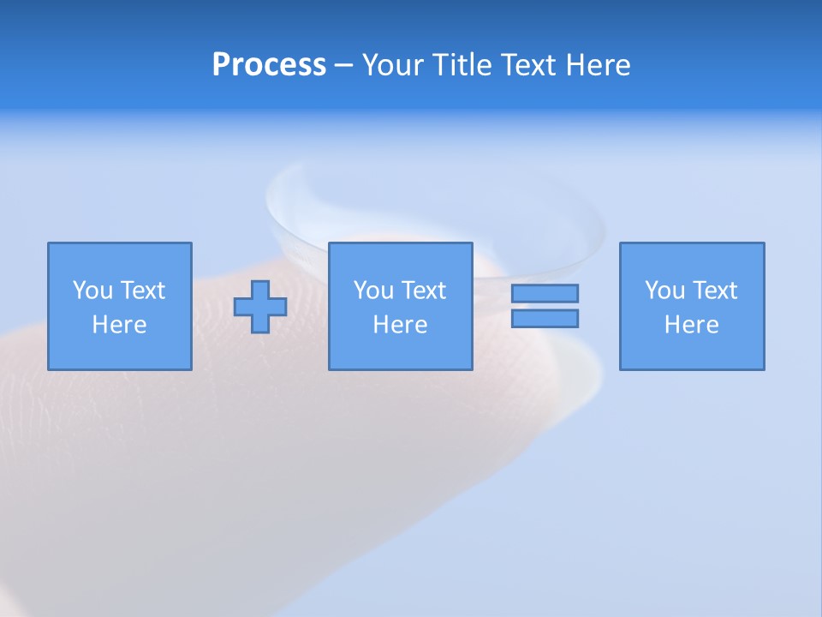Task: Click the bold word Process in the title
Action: (x=269, y=65)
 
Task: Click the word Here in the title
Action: (x=597, y=65)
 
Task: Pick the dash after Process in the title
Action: (x=343, y=66)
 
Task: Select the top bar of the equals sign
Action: (x=545, y=293)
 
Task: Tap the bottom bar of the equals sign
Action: (x=545, y=318)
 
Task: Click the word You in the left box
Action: (x=92, y=291)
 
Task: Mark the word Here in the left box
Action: (x=119, y=325)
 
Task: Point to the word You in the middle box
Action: (x=373, y=291)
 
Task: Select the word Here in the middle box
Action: (x=400, y=325)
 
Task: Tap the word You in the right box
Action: (x=664, y=291)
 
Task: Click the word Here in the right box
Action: (x=691, y=325)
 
